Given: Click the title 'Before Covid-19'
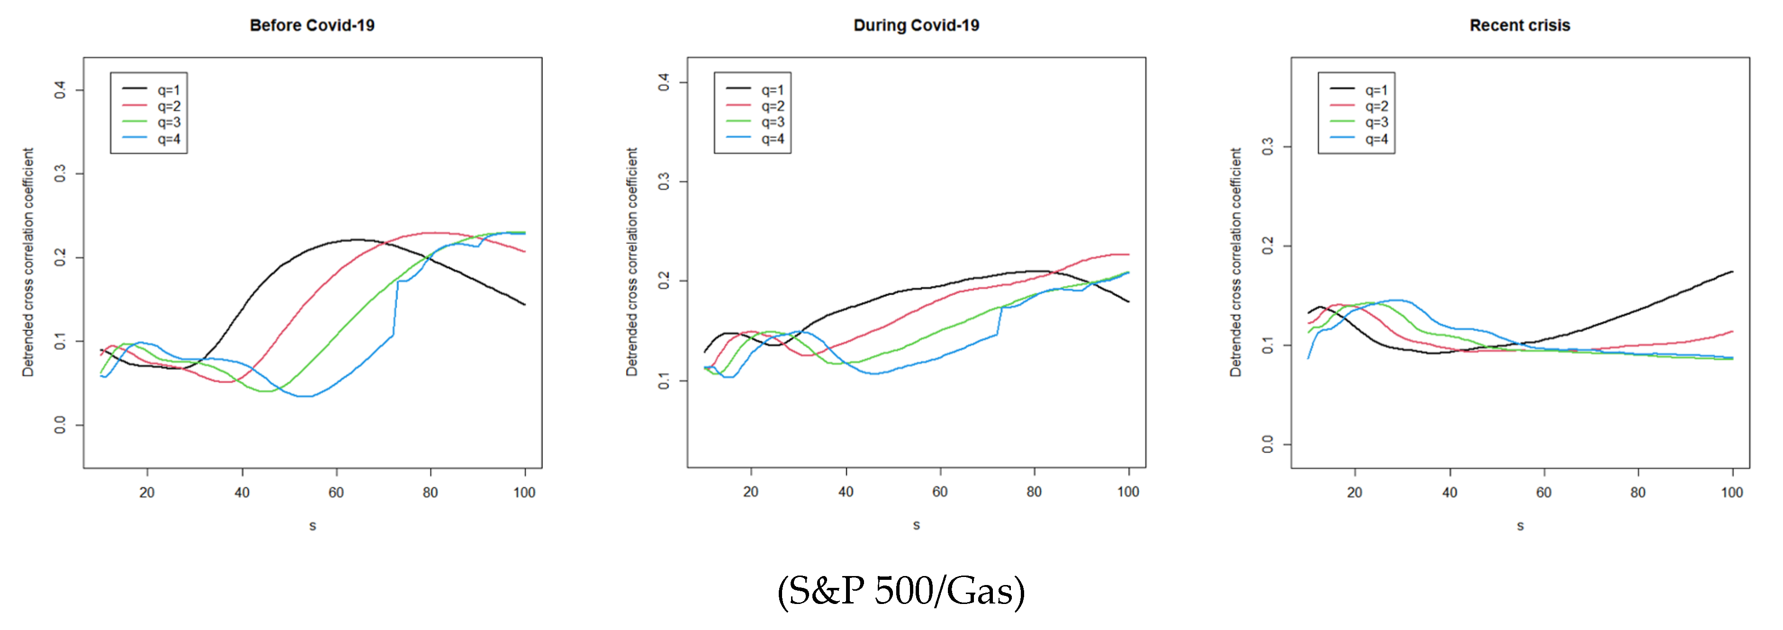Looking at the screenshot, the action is (x=312, y=26).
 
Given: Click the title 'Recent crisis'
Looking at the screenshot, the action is (x=1520, y=26).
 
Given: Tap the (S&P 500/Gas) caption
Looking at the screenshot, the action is (x=901, y=591).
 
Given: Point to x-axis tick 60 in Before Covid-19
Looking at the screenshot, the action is (x=336, y=492).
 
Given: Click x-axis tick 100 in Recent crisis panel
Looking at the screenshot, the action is (x=1732, y=492).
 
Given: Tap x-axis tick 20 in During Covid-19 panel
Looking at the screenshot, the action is (x=751, y=492).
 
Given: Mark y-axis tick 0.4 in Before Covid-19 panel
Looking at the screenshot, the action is (x=60, y=90).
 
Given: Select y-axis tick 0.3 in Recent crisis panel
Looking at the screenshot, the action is (x=1267, y=147).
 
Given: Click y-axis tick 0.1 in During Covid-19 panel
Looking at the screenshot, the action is (x=664, y=381).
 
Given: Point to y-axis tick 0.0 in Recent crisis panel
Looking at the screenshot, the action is (x=1267, y=444).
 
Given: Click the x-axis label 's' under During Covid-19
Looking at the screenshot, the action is (x=917, y=525).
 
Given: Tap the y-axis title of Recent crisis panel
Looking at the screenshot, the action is (x=1235, y=262).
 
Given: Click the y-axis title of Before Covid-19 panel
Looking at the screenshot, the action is (x=27, y=262).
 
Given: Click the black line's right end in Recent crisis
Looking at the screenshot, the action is (x=1732, y=272).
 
